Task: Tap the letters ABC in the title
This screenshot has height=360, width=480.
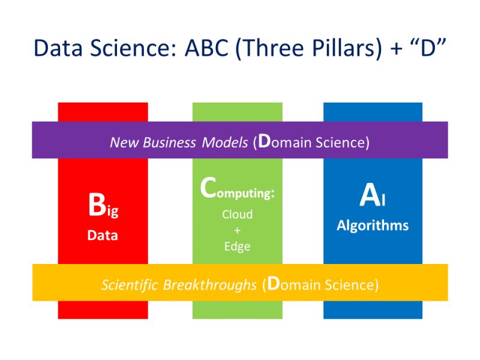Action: coord(207,49)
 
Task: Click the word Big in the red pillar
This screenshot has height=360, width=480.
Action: coord(103,206)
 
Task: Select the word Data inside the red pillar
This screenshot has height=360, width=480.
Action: coord(103,235)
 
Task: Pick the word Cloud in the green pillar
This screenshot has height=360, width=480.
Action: coord(237,214)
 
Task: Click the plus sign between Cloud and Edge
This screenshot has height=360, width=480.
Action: coord(237,230)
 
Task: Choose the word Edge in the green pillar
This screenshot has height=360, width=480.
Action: coord(237,246)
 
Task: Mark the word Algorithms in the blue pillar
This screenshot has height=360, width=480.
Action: coord(373,226)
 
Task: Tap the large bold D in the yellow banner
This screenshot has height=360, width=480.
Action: coord(272,283)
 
